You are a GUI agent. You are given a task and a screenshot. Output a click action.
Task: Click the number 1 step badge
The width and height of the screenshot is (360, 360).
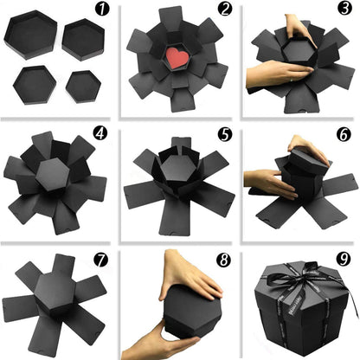(103, 10)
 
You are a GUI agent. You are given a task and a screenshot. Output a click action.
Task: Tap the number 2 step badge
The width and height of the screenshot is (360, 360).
(225, 10)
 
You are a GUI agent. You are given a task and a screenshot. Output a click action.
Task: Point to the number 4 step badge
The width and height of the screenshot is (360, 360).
(103, 135)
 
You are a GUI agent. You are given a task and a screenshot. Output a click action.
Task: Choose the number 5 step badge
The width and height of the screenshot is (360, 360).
(224, 134)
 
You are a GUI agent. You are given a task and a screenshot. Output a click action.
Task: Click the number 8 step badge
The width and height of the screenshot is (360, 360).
(224, 258)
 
